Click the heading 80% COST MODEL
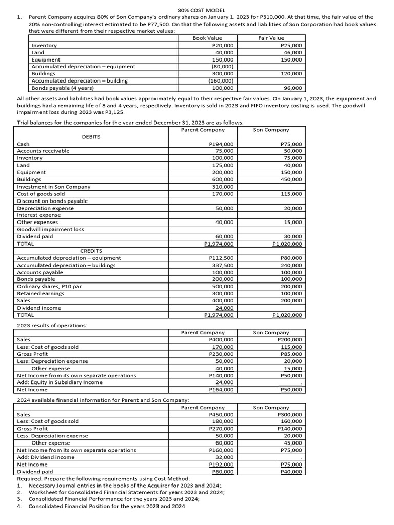click(201, 10)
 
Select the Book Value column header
click(207, 38)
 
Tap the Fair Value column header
click(271, 38)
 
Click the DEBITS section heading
click(91, 137)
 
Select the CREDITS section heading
click(91, 251)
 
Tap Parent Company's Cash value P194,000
click(222, 144)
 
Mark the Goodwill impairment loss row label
click(50, 229)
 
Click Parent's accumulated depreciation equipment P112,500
click(222, 258)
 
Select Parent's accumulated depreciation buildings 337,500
click(223, 265)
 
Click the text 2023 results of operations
click(52, 326)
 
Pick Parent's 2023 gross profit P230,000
click(222, 354)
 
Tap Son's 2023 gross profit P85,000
click(291, 354)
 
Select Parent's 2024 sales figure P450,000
click(222, 414)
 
